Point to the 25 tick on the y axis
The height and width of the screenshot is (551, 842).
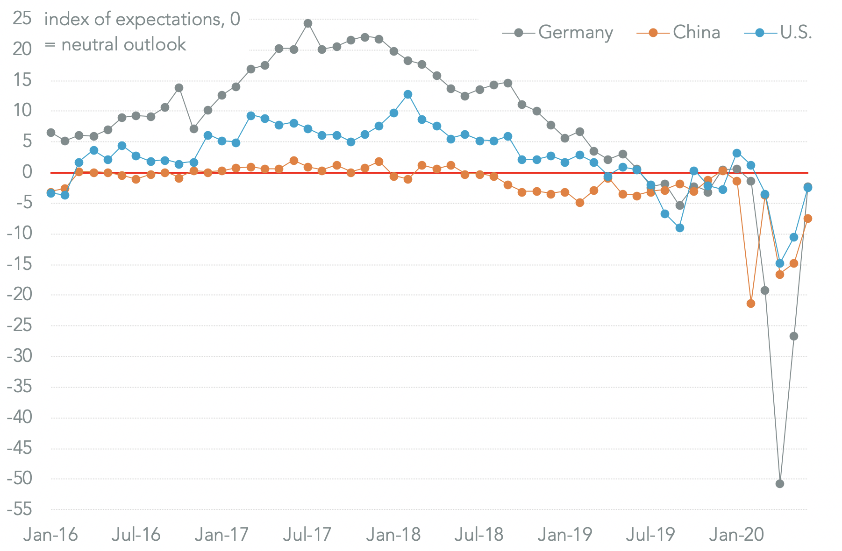point(22,19)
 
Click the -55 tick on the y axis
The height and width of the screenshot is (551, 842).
point(20,509)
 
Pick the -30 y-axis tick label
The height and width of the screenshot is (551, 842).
point(20,356)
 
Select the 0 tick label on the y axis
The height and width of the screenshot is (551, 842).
point(27,172)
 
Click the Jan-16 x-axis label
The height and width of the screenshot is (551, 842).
point(50,535)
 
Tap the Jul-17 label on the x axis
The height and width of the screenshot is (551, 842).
point(307,535)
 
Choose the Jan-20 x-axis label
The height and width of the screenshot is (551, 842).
point(736,535)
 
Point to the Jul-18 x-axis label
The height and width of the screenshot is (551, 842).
point(478,535)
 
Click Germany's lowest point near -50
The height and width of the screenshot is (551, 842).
point(779,484)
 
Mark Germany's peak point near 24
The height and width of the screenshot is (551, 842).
point(307,23)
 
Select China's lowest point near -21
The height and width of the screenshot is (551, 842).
point(751,304)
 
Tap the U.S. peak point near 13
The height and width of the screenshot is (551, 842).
point(407,94)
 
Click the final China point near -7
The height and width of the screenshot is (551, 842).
point(807,219)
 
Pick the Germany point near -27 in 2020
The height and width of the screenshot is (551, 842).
point(793,336)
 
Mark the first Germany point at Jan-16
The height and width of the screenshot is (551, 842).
point(51,133)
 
